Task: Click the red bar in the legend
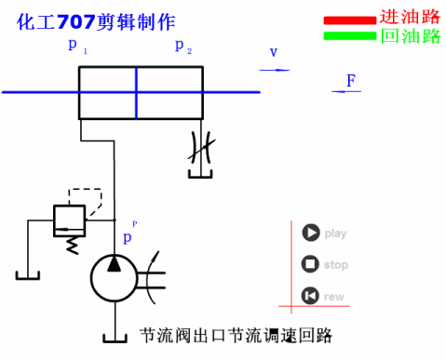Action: coord(350,20)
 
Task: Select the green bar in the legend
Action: coord(350,36)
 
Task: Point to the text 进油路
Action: coord(410,18)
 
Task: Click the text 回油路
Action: coord(410,36)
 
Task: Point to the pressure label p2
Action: coord(182,47)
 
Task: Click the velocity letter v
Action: coord(274,53)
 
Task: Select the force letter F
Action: coord(350,81)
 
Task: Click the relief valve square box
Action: coord(68,219)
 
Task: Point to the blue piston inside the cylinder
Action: coord(136,92)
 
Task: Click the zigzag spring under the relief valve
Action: coord(68,244)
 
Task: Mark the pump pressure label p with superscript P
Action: coord(128,236)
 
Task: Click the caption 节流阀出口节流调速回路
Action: coord(235,335)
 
